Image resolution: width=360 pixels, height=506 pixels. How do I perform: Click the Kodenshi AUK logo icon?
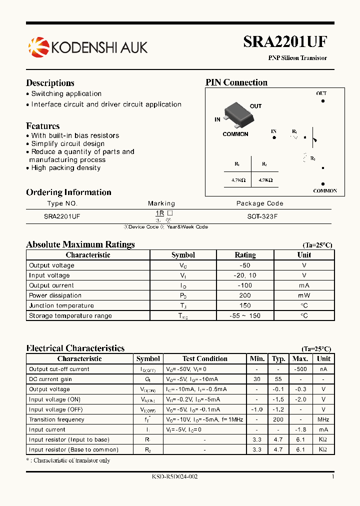(x=38, y=47)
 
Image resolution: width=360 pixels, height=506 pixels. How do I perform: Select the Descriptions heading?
(x=50, y=83)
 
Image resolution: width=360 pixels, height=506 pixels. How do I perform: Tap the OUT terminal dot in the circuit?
(x=323, y=100)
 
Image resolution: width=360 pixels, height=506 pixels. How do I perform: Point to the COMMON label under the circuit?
(x=324, y=191)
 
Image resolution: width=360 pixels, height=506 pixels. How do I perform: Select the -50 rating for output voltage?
(x=245, y=265)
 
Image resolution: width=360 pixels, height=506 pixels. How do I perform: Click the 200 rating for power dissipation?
(x=245, y=295)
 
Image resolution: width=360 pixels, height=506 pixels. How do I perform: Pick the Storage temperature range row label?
(x=70, y=315)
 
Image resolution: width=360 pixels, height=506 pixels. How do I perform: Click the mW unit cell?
(x=304, y=295)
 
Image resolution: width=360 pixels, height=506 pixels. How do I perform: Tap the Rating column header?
(x=245, y=255)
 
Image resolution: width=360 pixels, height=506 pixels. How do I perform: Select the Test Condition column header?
(x=205, y=358)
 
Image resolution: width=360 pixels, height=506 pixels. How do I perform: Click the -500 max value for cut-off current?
(x=300, y=369)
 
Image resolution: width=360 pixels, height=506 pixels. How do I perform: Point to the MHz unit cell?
(x=323, y=419)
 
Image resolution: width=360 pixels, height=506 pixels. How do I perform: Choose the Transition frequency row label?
(x=56, y=419)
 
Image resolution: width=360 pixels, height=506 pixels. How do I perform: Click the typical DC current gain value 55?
(x=278, y=379)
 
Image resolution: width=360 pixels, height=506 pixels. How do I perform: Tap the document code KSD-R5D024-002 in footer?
(x=175, y=477)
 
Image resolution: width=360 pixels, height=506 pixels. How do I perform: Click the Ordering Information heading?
(x=68, y=192)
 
